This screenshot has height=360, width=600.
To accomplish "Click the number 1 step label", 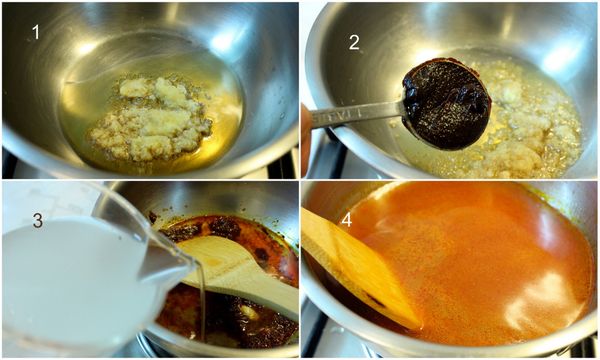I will [36, 32].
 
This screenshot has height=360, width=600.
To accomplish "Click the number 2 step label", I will [354, 42].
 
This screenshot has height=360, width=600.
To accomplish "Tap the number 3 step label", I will [37, 220].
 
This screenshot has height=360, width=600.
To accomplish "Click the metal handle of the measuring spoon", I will [354, 115].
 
